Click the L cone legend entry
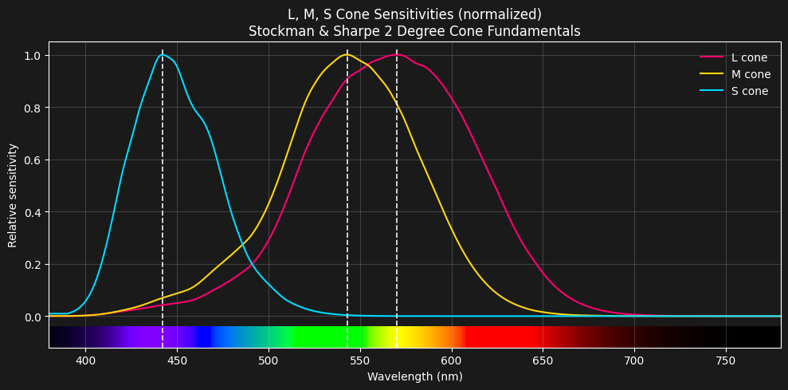tap(749, 57)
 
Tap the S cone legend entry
tap(749, 91)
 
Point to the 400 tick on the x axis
tap(85, 360)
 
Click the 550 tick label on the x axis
tap(360, 360)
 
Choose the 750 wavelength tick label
tap(726, 360)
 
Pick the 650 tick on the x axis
tap(543, 360)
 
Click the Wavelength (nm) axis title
tap(414, 376)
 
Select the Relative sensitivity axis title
tap(14, 195)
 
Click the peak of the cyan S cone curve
tap(163, 55)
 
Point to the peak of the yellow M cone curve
tap(347, 55)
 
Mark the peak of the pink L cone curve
tap(397, 55)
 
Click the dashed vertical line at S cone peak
tap(163, 199)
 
